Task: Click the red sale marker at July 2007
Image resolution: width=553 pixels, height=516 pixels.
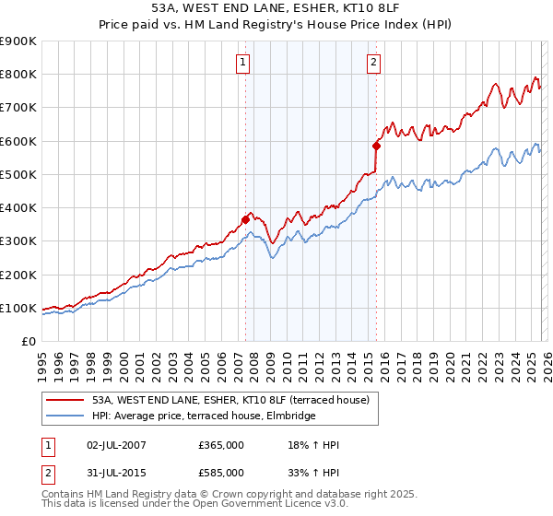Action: click(245, 219)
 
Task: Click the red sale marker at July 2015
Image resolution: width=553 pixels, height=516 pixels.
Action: click(376, 146)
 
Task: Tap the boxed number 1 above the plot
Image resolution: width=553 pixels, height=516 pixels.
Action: click(242, 63)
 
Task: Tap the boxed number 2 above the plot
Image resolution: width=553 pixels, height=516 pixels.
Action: click(373, 63)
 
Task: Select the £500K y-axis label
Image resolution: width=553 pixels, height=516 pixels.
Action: click(18, 174)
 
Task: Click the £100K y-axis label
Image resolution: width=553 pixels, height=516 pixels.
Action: click(18, 308)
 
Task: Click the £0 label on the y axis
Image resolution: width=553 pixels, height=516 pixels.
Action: click(29, 341)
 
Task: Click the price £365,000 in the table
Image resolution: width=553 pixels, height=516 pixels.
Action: click(221, 445)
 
